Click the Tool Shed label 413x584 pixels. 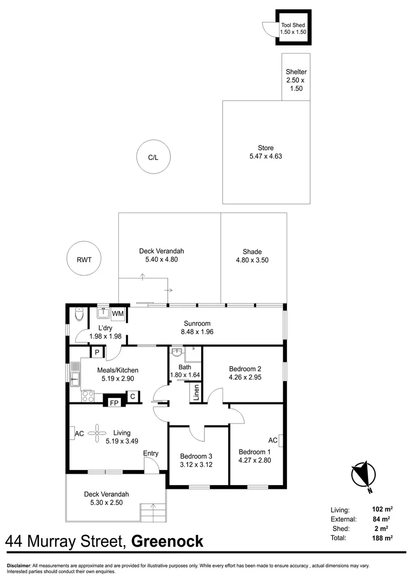293,25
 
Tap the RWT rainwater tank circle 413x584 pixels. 84,260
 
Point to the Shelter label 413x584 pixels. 296,72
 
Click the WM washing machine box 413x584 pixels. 118,313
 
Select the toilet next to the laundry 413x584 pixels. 79,314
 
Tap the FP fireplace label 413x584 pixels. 114,403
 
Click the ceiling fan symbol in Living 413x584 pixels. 98,432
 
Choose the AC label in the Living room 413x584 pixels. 78,433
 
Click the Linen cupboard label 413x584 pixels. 195,394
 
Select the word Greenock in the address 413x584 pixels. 168,541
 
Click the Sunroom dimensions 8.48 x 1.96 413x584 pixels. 196,332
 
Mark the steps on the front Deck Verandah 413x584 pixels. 151,511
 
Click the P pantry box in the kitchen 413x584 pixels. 97,353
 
